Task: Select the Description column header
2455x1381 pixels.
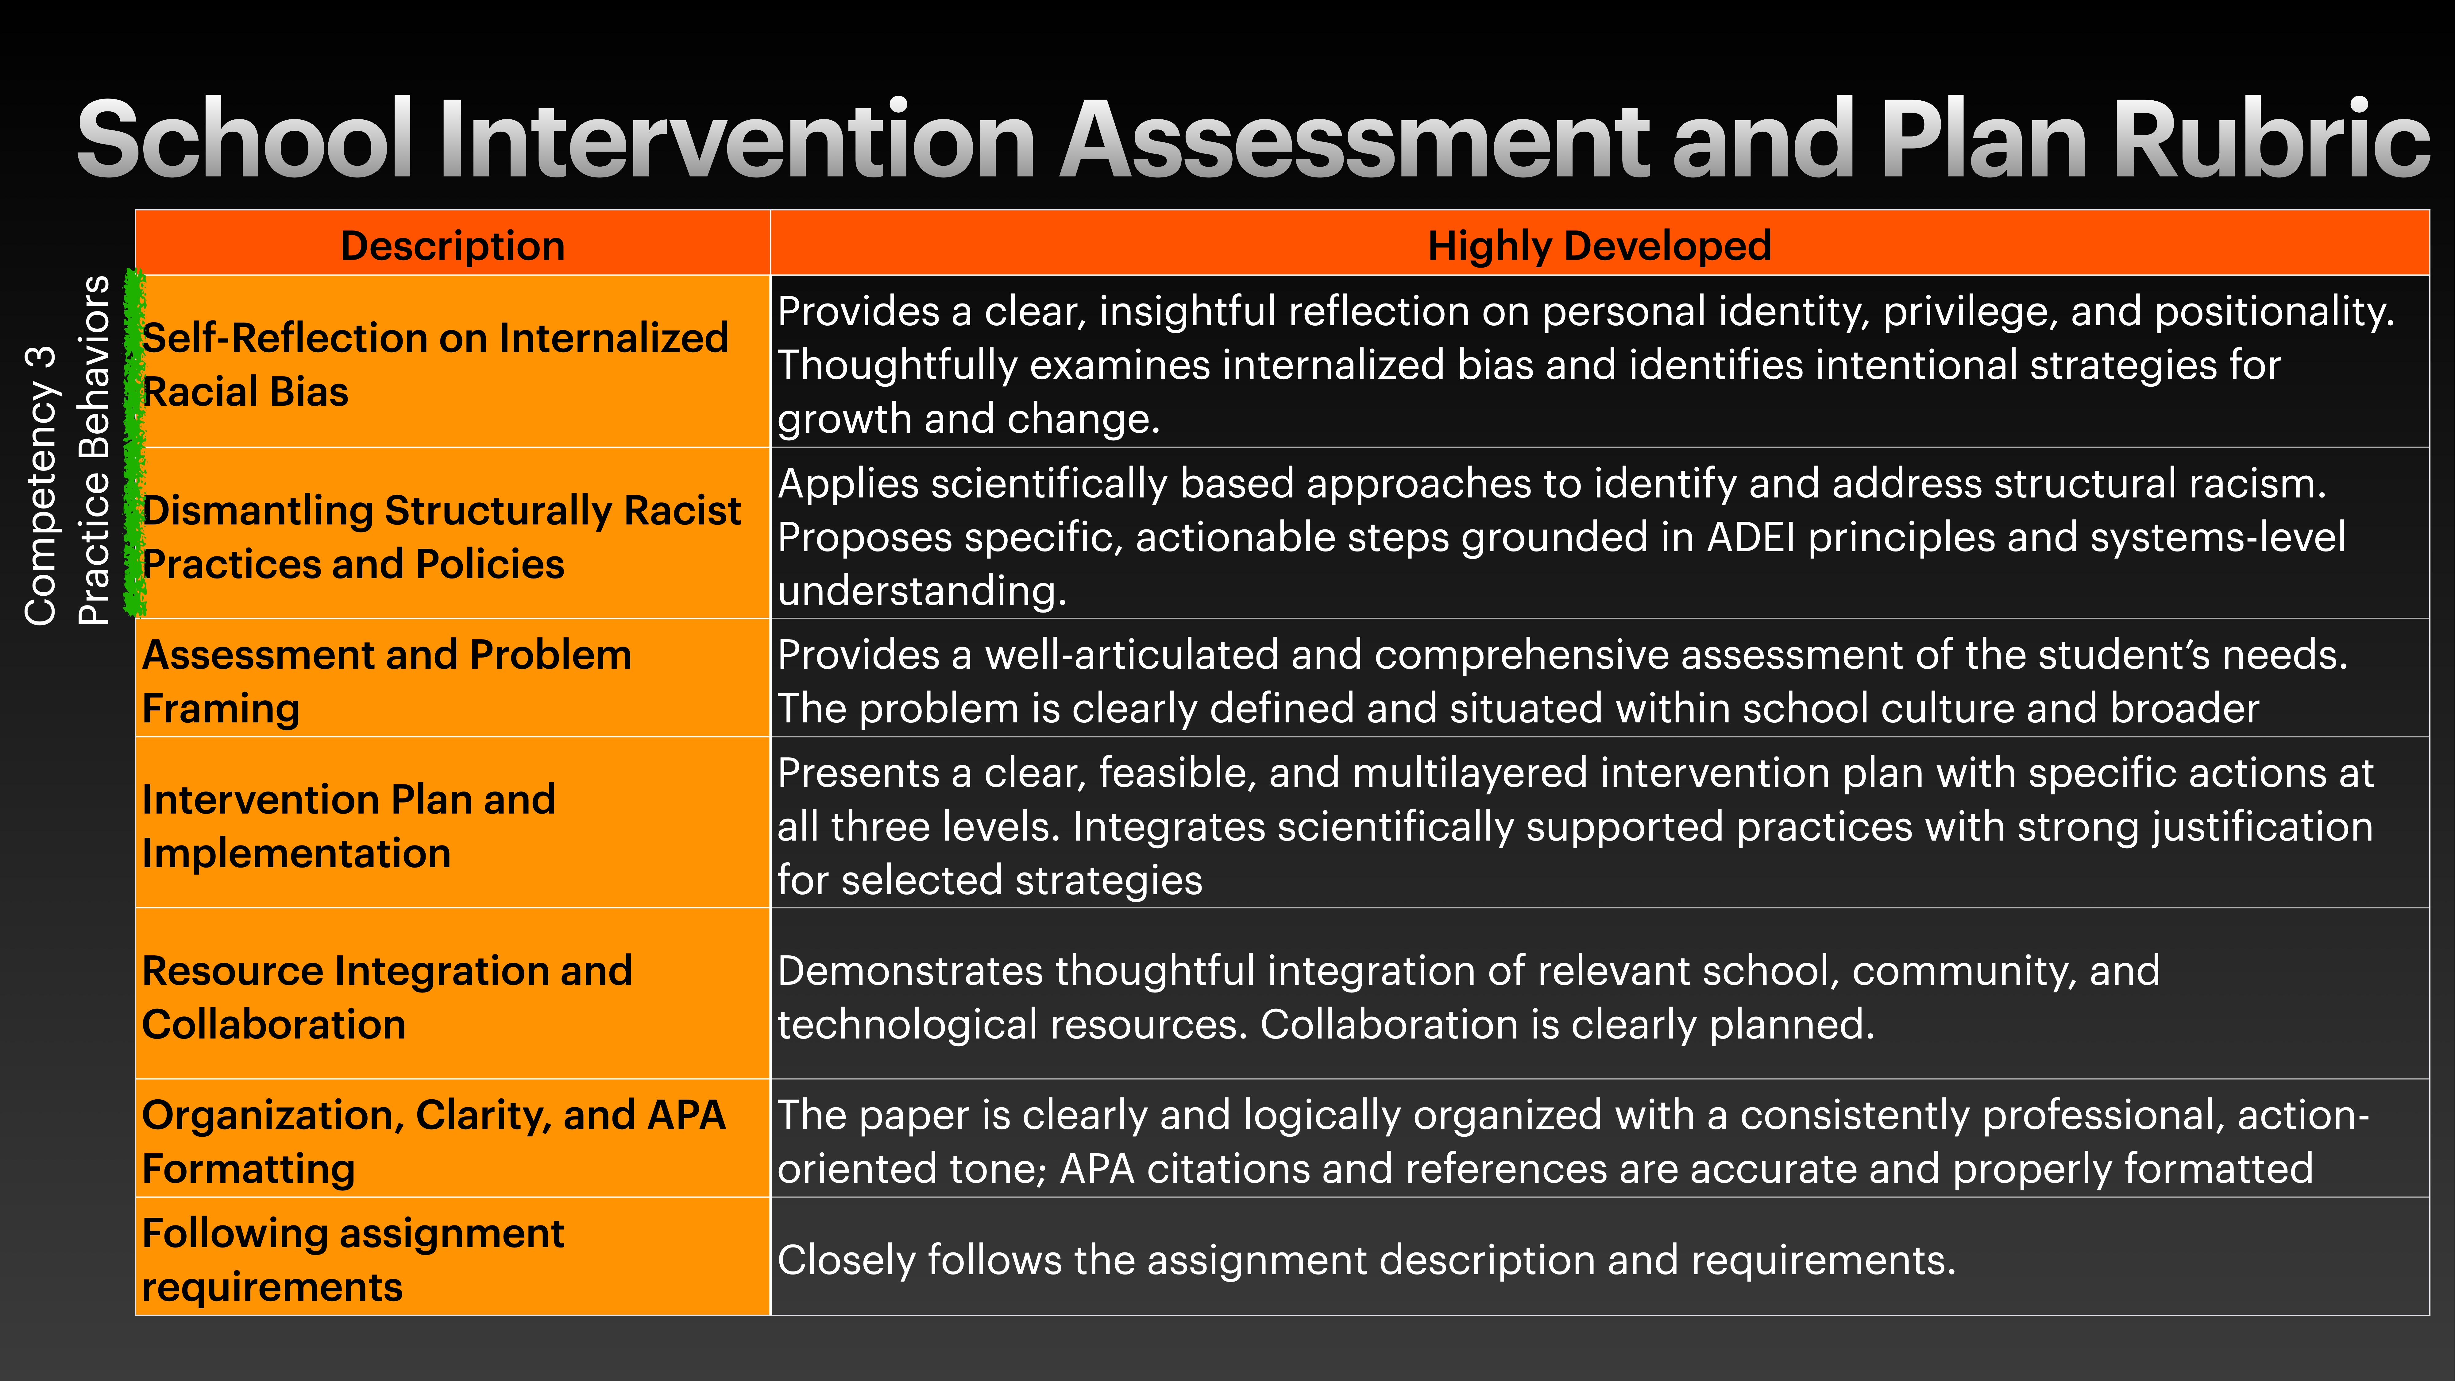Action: [x=453, y=246]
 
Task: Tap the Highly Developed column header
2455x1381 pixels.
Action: [x=1599, y=246]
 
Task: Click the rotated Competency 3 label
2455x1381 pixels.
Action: [x=40, y=486]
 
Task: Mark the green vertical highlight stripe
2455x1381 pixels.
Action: [x=135, y=443]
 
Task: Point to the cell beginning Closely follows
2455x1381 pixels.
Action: [x=1366, y=1260]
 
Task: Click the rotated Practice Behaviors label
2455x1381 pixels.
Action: [x=93, y=450]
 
